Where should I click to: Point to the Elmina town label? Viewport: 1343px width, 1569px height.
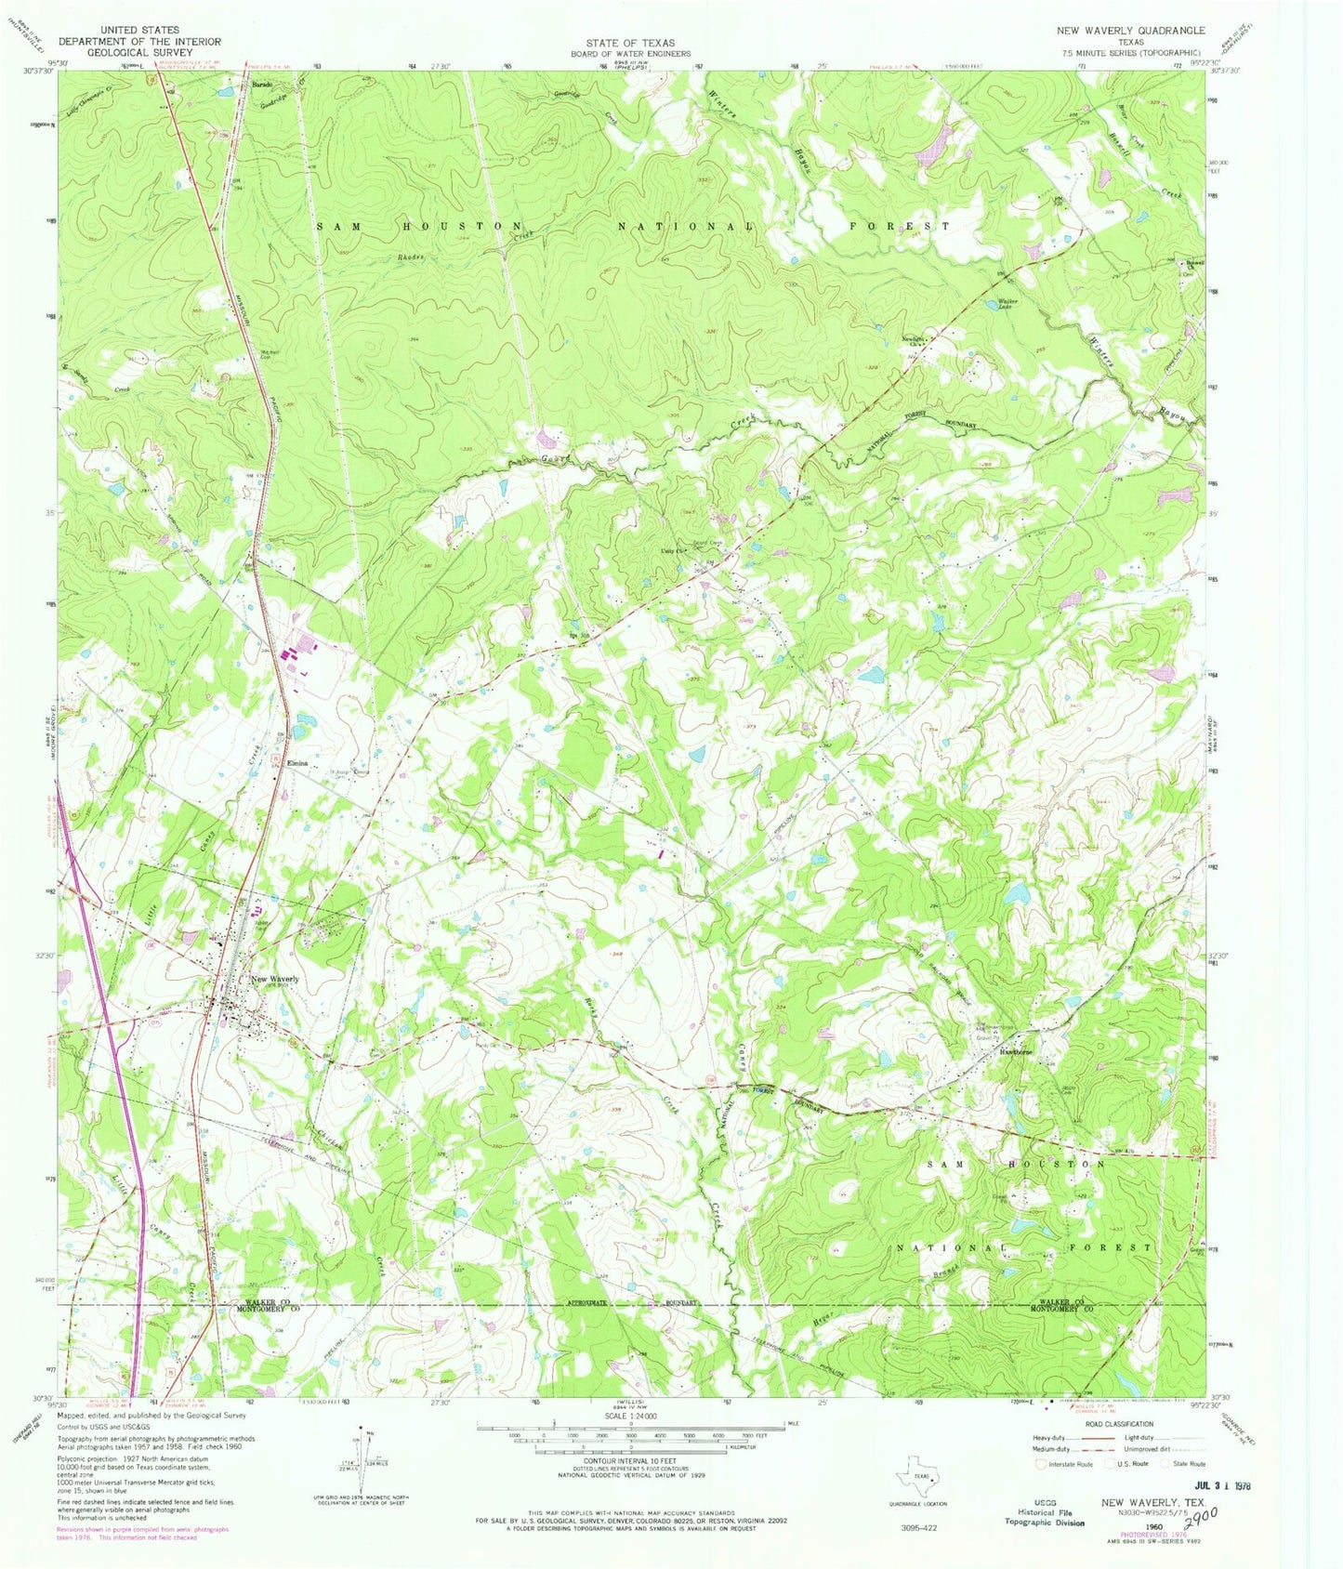[296, 763]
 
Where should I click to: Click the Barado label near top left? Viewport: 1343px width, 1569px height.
[261, 85]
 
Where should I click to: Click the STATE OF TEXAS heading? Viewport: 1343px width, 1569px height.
[630, 43]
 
